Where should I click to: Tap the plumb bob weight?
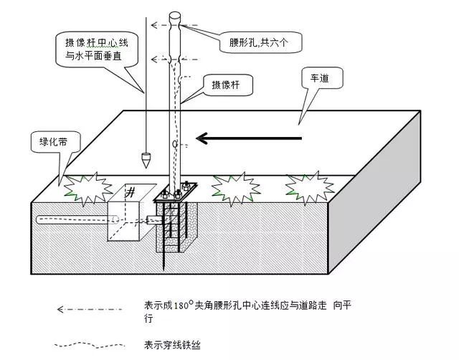tap(146, 156)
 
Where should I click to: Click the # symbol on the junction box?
tap(131, 192)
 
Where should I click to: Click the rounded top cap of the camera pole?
tap(176, 16)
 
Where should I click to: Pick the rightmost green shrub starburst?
tap(309, 186)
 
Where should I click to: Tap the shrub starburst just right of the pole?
tap(235, 187)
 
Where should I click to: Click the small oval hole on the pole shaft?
tap(176, 144)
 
